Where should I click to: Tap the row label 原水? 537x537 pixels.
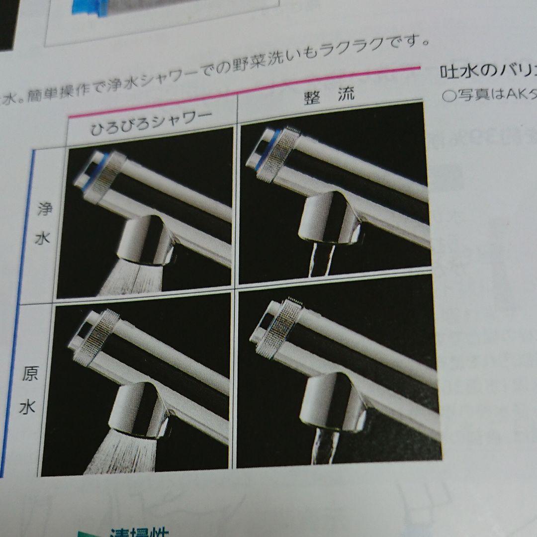28,392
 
